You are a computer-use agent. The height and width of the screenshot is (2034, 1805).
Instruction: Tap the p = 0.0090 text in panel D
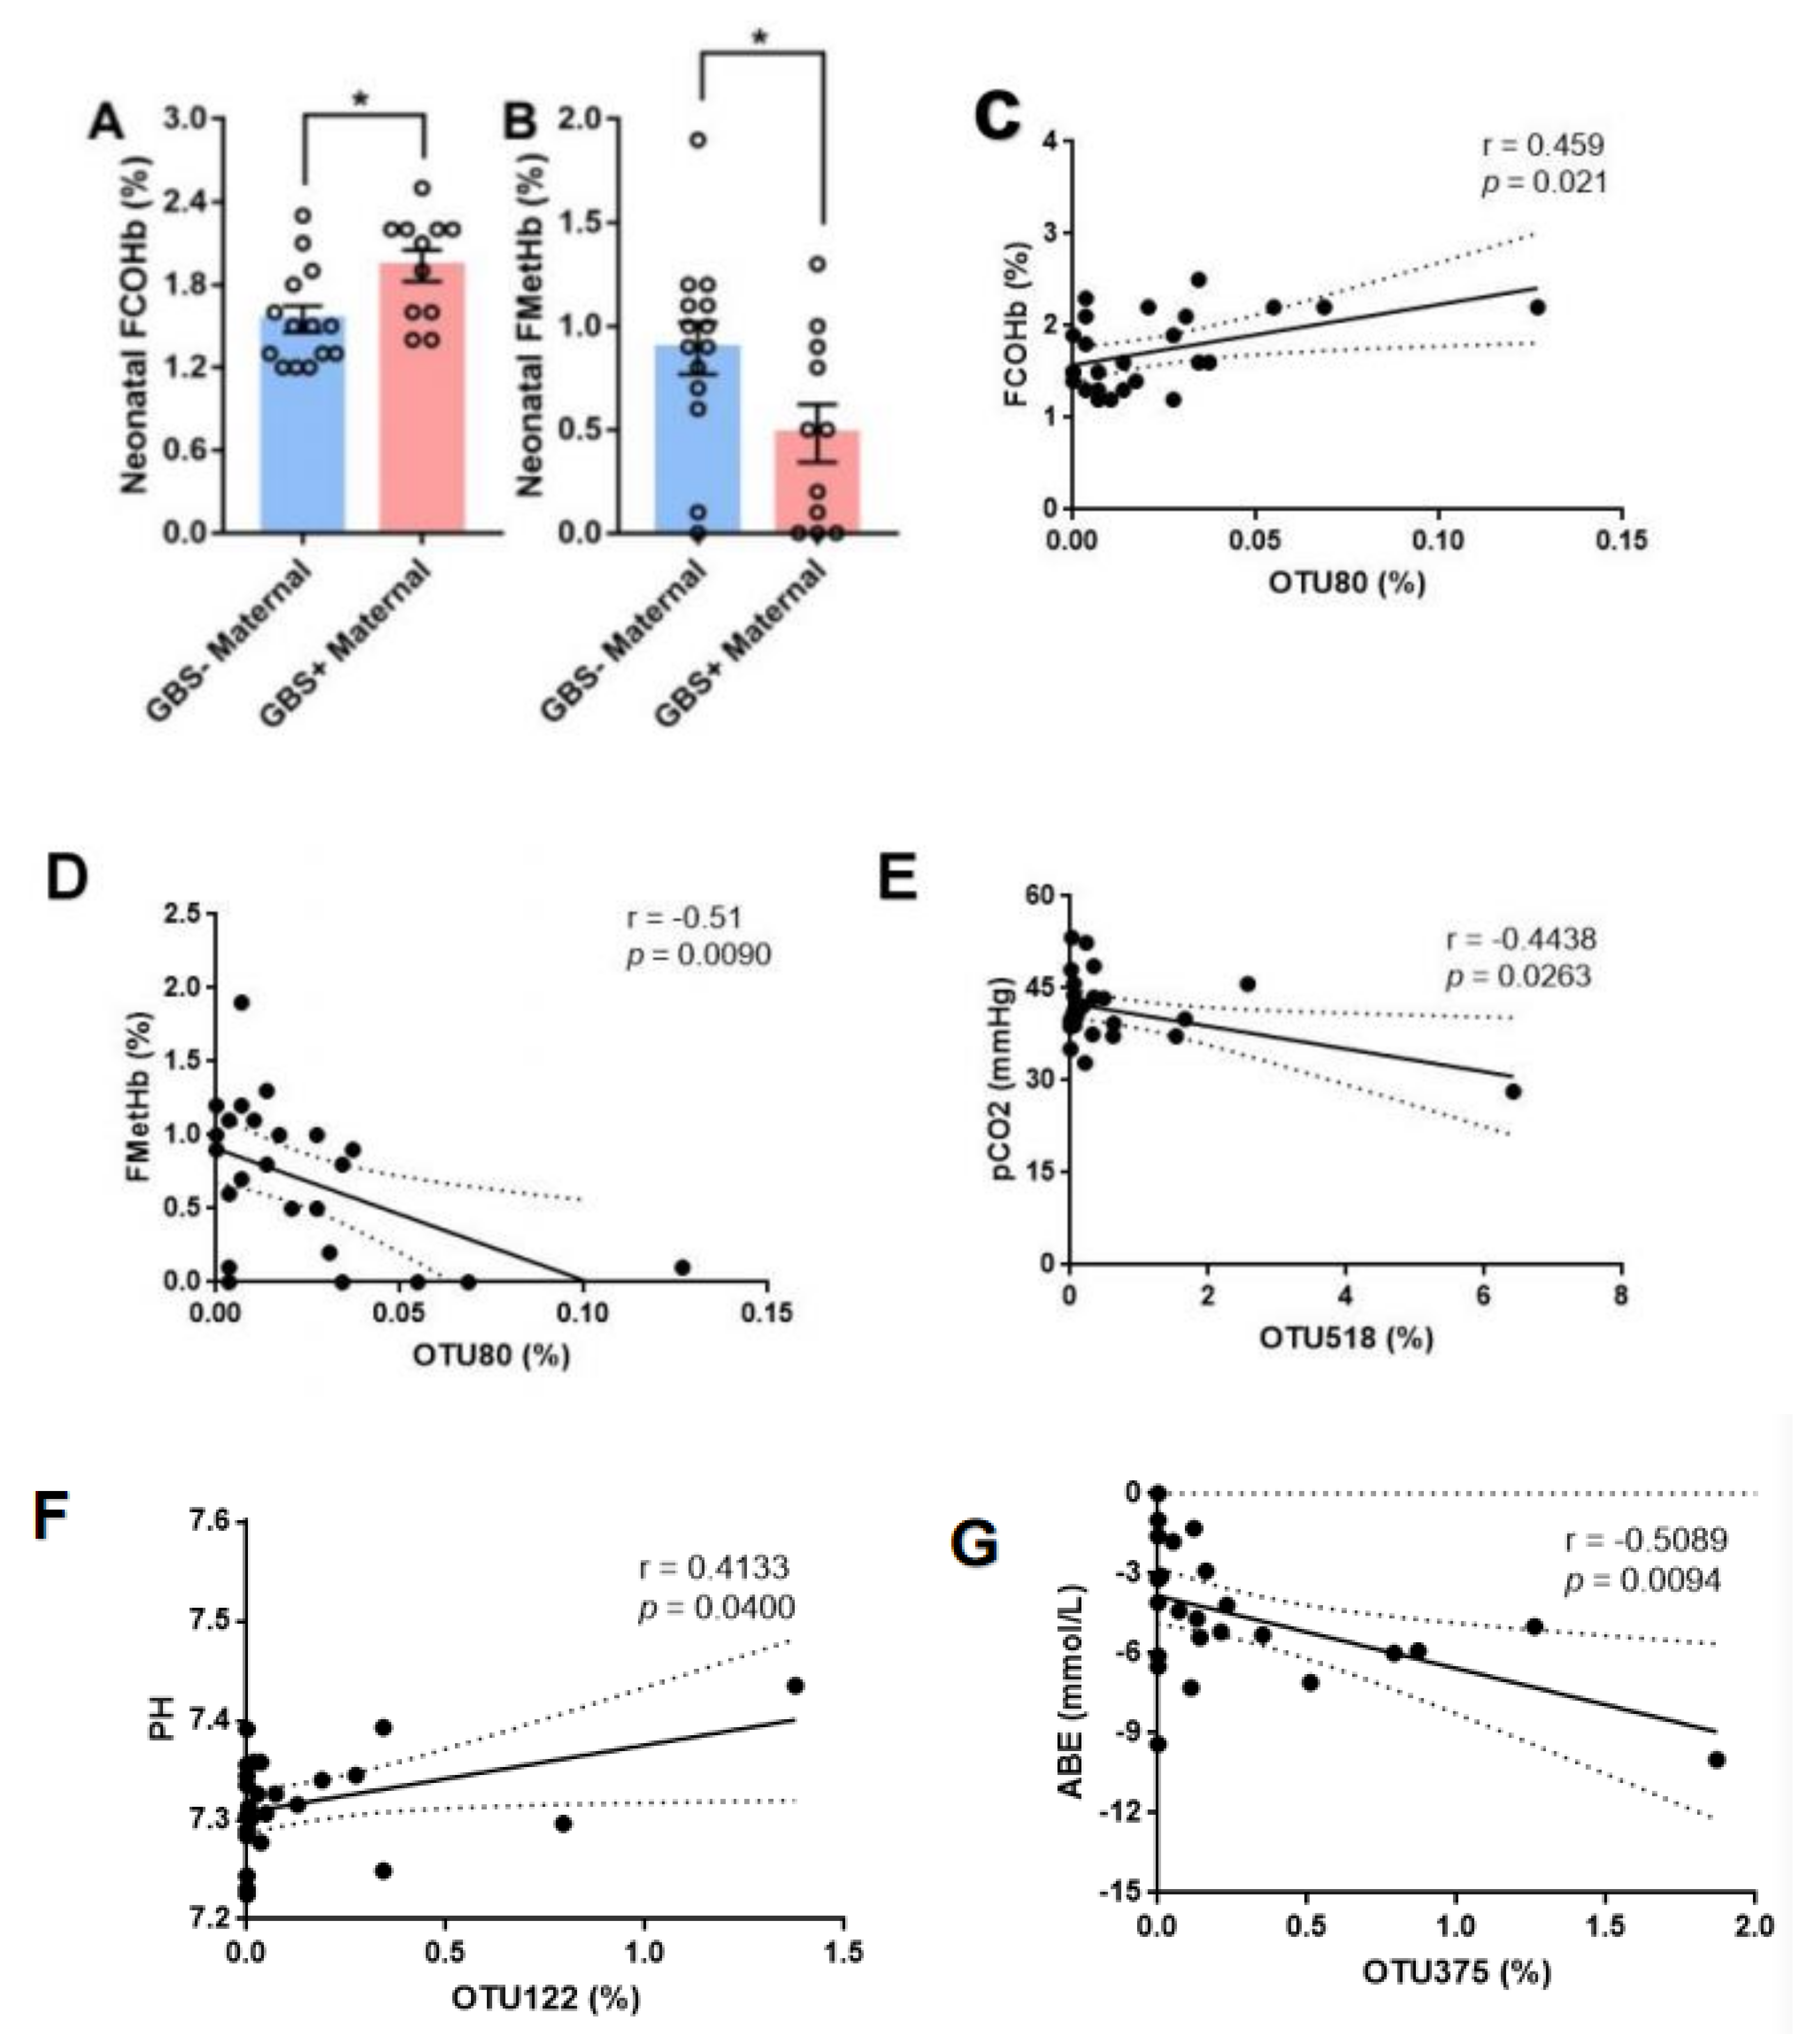[699, 955]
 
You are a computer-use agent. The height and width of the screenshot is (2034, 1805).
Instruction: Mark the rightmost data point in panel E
[1514, 1092]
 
